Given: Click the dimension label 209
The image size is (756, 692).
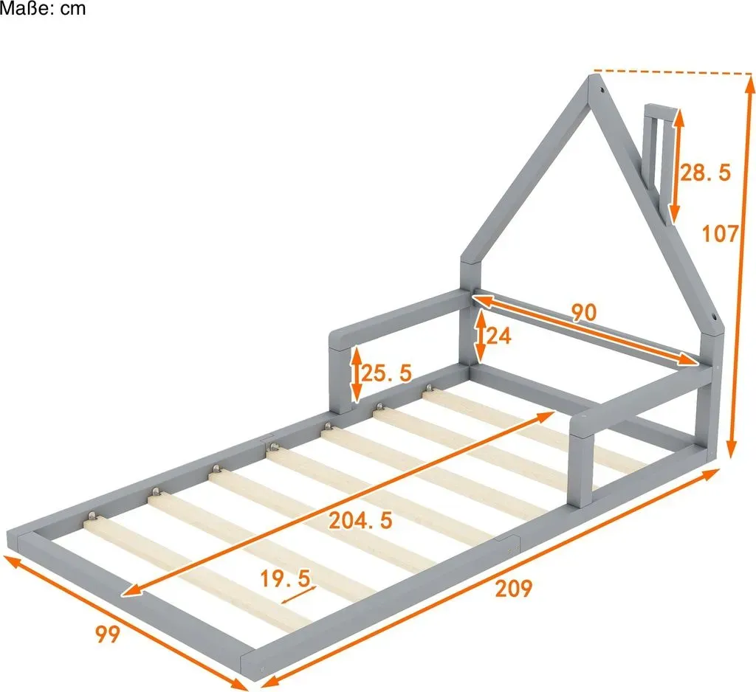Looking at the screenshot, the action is pos(514,589).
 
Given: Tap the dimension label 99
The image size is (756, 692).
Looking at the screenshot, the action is pos(107,634).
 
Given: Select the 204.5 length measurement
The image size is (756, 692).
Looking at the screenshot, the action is pos(360,520).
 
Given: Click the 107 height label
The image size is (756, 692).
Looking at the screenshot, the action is pos(720,234).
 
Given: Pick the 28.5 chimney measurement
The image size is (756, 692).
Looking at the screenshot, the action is pos(705,172).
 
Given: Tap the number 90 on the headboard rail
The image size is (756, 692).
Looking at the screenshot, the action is pos(584,313).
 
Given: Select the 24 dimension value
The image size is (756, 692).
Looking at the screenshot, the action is pos(498,336).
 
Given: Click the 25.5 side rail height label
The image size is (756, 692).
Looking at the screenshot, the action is pos(386,373).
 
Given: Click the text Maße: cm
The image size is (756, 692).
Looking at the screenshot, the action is pos(43,8).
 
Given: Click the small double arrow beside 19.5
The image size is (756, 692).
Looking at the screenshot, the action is pos(298,595).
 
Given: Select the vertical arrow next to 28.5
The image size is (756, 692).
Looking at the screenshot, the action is pos(676,165).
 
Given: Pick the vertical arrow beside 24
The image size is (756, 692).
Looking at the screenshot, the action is pos(480,335).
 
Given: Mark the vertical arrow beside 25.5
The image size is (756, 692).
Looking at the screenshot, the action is pos(356,374).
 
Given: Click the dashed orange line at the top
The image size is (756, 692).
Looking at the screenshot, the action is pos(673,72).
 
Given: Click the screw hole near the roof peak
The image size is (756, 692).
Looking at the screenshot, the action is pos(602,89).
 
